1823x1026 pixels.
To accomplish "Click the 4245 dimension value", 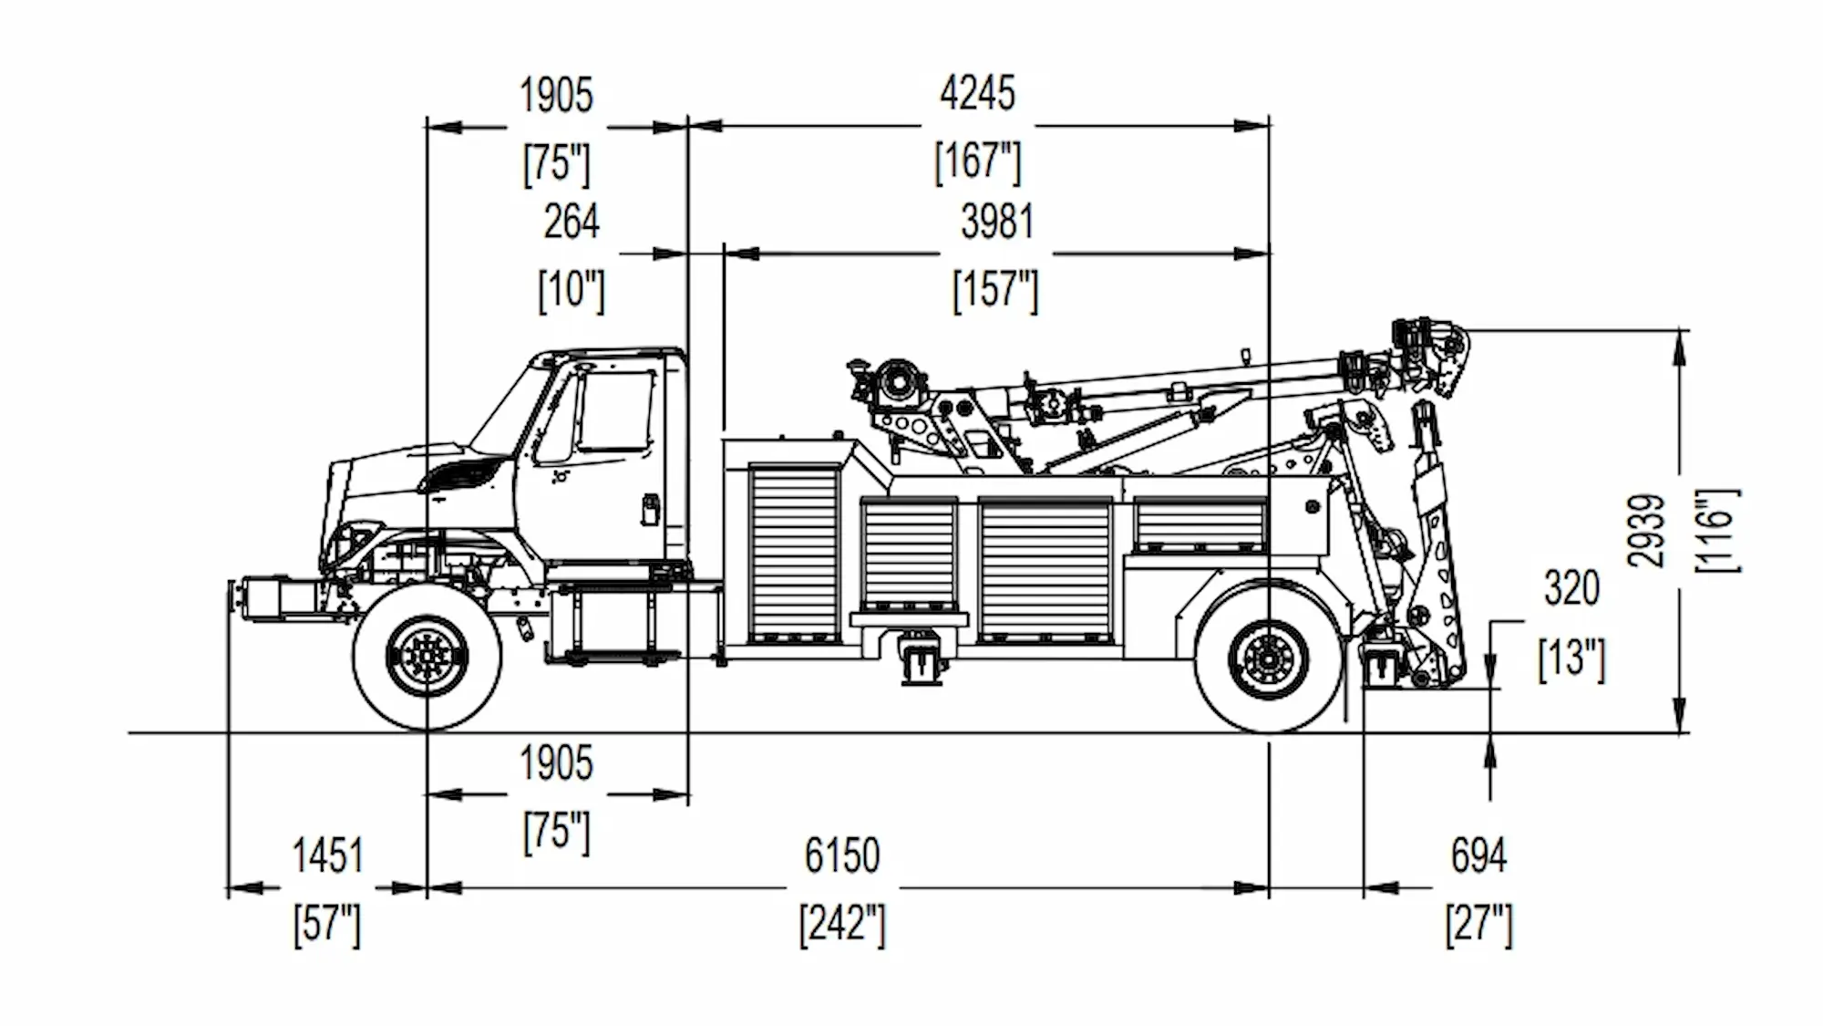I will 977,93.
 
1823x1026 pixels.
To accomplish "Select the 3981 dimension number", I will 997,222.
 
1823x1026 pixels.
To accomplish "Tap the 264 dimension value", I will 572,222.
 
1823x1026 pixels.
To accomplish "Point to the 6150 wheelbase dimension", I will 842,856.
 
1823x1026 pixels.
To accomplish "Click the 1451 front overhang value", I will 327,856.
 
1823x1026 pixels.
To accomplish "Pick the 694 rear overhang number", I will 1478,856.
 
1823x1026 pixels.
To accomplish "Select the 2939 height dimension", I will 1647,531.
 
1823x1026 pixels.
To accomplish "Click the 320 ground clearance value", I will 1571,588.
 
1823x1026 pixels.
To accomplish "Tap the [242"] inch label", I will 842,925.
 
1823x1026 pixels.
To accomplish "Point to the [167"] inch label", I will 977,161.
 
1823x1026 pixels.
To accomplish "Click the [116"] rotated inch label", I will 1717,531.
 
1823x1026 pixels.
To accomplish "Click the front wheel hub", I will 427,656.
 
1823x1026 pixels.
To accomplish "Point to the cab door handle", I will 649,509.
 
